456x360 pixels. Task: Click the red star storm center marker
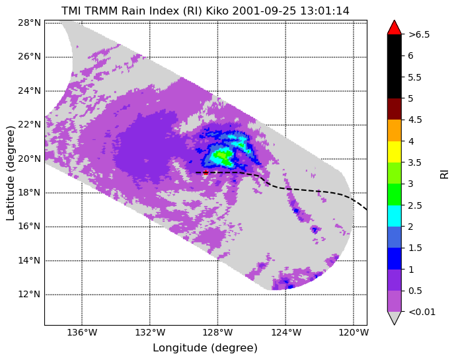[x=206, y=172]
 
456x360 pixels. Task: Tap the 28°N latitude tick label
[x=29, y=22]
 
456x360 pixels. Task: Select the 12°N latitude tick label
[x=29, y=295]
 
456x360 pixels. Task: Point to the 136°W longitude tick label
[x=82, y=332]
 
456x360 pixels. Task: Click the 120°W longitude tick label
[x=354, y=332]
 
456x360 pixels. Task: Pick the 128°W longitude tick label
[x=218, y=332]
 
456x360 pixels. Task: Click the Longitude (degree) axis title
[x=205, y=348]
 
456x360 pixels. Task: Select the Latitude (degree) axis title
[x=10, y=173]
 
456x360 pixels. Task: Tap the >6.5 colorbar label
[x=419, y=34]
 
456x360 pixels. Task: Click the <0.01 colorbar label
[x=422, y=312]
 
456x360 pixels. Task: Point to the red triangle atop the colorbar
[x=395, y=28]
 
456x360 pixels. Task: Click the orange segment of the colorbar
[x=395, y=131]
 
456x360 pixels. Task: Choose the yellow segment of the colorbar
[x=395, y=152]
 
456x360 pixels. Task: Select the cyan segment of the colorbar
[x=395, y=216]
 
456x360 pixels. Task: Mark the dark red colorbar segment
[x=395, y=109]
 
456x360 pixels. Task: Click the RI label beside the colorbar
[x=444, y=173]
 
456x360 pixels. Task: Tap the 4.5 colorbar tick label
[x=415, y=120]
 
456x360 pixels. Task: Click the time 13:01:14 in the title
[x=324, y=11]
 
